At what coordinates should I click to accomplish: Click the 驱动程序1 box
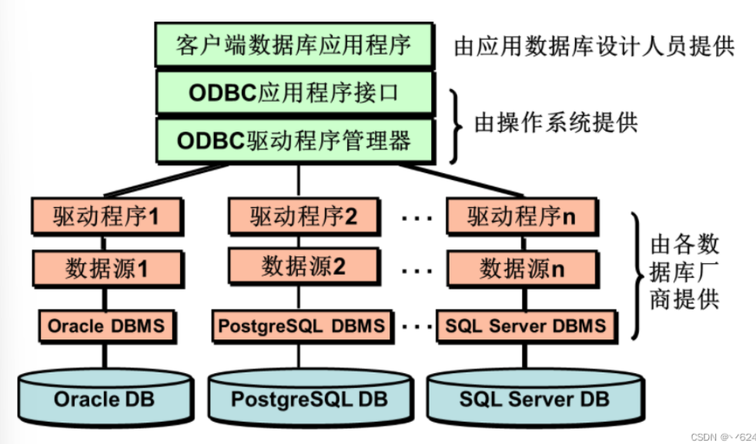[x=106, y=216]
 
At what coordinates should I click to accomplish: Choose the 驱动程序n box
[x=521, y=216]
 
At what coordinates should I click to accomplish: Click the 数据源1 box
[x=106, y=269]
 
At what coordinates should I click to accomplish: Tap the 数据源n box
[x=521, y=269]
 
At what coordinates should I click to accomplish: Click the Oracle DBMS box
[x=106, y=325]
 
